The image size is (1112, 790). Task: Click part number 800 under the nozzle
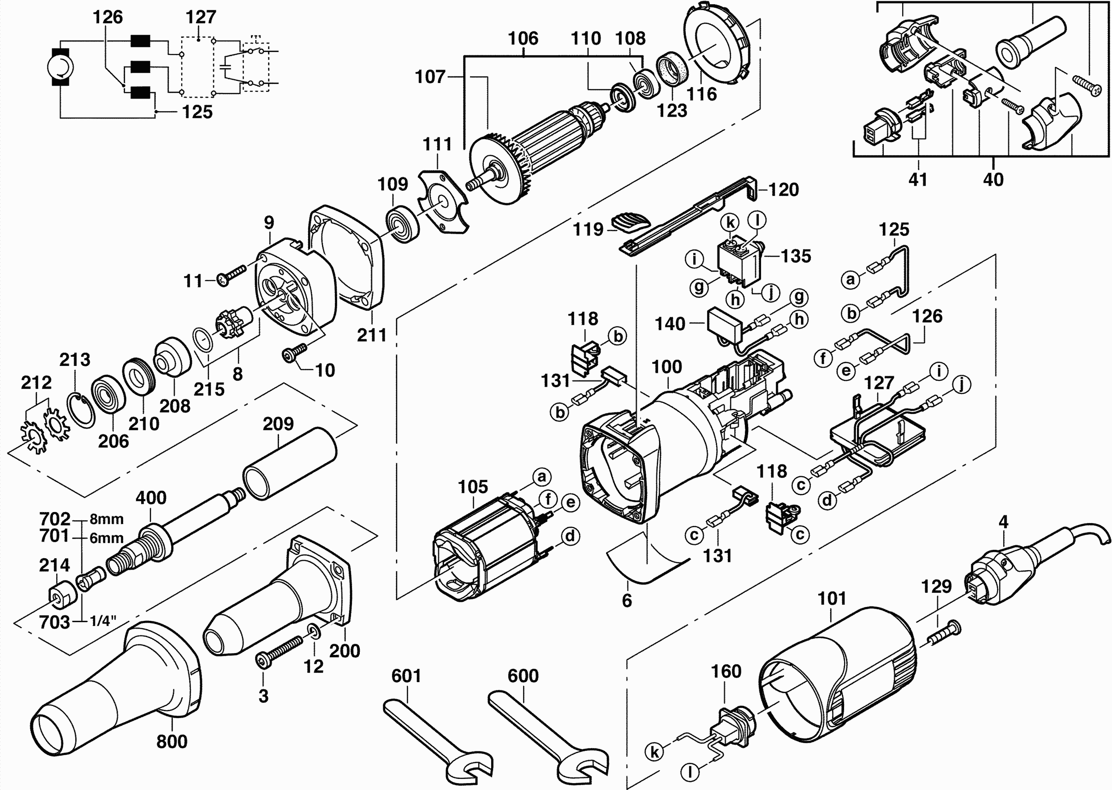coord(172,742)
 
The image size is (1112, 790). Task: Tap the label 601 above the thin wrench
coord(406,676)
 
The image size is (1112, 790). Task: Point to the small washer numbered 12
coord(314,632)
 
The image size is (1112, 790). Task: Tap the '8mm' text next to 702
coord(107,519)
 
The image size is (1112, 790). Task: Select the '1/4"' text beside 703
coord(103,621)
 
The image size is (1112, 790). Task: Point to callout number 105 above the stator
coord(473,486)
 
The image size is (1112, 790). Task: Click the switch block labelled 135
coord(740,263)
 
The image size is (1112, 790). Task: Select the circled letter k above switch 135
coord(730,223)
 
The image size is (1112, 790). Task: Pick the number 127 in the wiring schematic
coord(201,17)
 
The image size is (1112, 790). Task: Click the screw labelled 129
coord(944,633)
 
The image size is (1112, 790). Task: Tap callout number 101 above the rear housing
coord(832,598)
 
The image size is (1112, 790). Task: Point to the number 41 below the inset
coord(918,179)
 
